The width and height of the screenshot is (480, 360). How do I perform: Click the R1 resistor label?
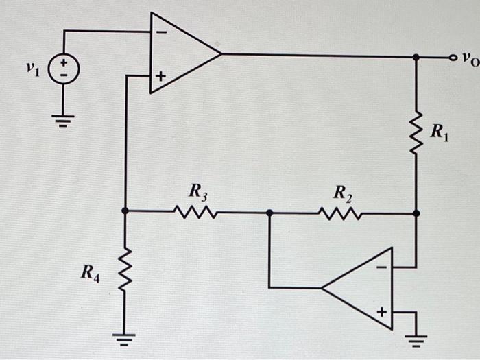pyautogui.click(x=439, y=132)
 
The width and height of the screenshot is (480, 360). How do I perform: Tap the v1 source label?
pyautogui.click(x=29, y=67)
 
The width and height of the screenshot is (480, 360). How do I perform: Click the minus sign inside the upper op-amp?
pyautogui.click(x=160, y=32)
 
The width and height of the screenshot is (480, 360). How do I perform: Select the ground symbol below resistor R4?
pyautogui.click(x=125, y=335)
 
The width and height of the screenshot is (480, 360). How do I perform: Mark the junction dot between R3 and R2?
pyautogui.click(x=269, y=213)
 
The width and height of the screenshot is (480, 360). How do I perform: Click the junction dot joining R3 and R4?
pyautogui.click(x=125, y=212)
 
